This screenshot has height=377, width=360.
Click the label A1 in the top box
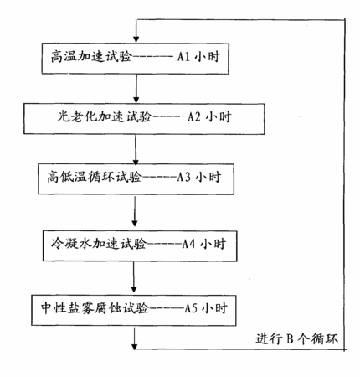coord(183,57)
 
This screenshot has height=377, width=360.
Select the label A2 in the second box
coord(194,116)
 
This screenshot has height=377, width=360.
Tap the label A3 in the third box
coord(184,177)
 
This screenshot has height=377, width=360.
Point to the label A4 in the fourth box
coord(188,244)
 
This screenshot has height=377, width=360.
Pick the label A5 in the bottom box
coord(191,308)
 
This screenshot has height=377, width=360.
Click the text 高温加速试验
coord(91,57)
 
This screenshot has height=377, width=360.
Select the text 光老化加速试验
coord(104,116)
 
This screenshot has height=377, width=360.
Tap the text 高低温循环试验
coord(95,177)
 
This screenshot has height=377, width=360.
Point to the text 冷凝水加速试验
coord(99,244)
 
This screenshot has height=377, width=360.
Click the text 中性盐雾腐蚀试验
coord(95,308)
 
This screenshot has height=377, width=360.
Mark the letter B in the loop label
coord(290,339)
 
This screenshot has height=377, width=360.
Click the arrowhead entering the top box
coord(136,39)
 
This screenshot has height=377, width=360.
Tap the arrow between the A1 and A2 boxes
coord(136,89)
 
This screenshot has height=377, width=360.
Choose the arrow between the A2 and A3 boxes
coord(136,149)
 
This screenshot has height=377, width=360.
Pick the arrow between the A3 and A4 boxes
coord(135,211)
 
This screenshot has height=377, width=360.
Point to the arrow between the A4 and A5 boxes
coord(134,276)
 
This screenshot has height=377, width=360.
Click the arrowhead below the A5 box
coord(135,346)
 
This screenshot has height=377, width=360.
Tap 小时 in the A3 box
coord(208,177)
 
